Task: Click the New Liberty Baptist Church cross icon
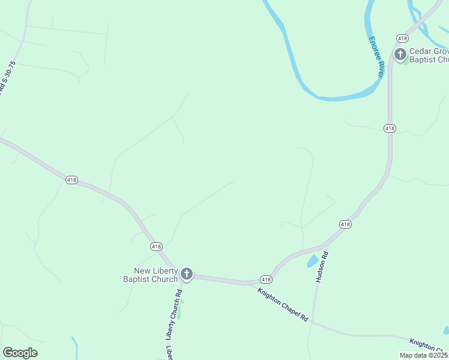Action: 187,275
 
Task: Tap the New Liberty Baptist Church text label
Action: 151,275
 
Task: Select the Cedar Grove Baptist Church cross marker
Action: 400,55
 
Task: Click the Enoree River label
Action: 376,57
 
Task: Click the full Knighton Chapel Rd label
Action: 283,305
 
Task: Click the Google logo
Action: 20,353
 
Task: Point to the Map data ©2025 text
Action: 423,355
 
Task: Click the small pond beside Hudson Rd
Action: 313,261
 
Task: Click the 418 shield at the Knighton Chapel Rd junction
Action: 267,280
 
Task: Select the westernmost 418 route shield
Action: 71,179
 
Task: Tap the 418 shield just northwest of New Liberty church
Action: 156,247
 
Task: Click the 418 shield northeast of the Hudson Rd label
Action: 345,224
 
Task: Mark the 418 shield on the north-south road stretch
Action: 390,128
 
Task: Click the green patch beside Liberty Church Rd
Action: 179,311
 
